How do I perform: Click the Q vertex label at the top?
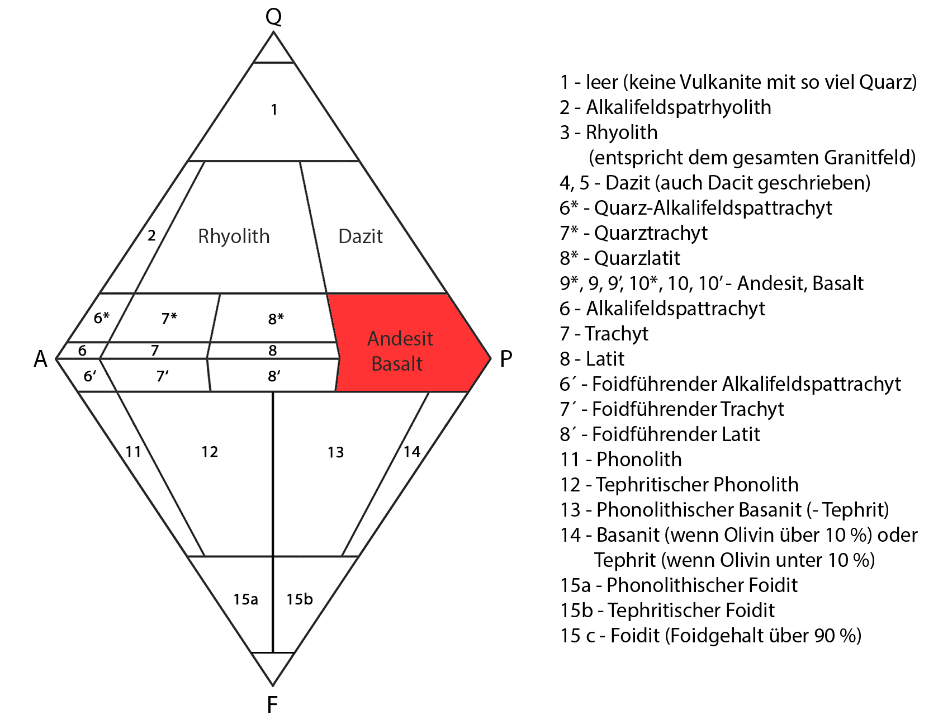[x=273, y=16]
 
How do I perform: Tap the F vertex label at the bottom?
[x=272, y=705]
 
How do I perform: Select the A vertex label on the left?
[x=40, y=359]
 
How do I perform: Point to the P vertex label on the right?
[x=506, y=358]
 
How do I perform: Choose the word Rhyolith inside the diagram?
[x=234, y=236]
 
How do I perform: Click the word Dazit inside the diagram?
[x=361, y=236]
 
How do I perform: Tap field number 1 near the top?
[x=274, y=110]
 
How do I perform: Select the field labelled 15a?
[x=245, y=599]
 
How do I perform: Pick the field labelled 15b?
[x=300, y=599]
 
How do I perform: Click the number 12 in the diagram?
[x=210, y=452]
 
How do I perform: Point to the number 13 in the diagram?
[x=335, y=452]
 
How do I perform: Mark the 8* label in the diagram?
[x=276, y=319]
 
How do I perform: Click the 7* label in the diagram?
[x=169, y=318]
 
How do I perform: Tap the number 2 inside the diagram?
[x=151, y=235]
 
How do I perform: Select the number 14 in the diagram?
[x=412, y=452]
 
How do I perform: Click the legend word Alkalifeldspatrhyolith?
[x=679, y=107]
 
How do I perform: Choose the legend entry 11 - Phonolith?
[x=621, y=460]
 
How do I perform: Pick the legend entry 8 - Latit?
[x=592, y=359]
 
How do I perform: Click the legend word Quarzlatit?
[x=637, y=258]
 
